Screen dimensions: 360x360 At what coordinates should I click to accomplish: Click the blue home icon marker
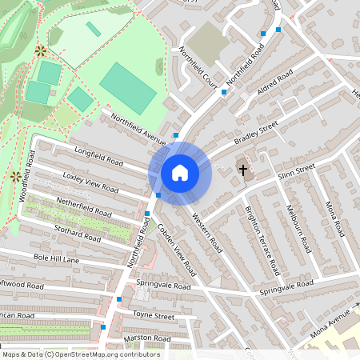pos(180,172)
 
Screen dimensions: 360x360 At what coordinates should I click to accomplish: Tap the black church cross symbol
pos(242,170)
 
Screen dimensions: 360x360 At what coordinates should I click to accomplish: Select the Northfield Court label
pos(198,68)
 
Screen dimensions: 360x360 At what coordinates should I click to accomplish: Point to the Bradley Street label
pos(255,133)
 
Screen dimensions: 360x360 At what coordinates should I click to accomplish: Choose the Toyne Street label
pos(154,317)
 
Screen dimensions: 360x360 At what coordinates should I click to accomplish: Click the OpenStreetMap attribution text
pos(81,354)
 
